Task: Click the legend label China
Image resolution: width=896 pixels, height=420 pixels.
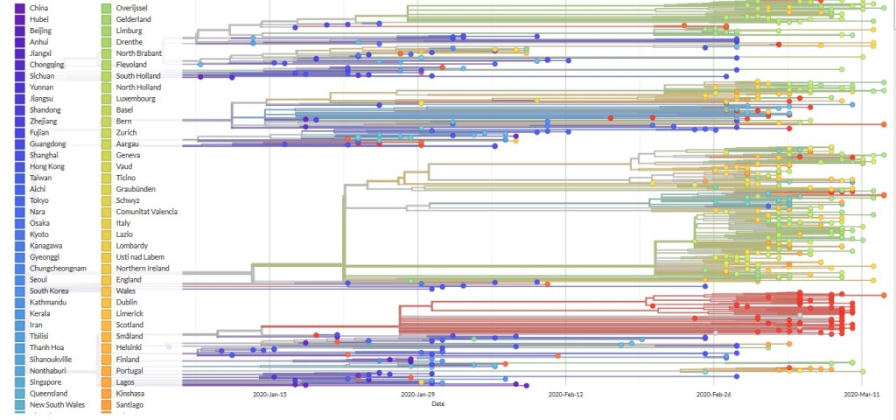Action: (39, 8)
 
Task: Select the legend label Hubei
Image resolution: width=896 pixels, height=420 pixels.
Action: (40, 19)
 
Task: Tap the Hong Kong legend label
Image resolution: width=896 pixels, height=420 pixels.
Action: (46, 166)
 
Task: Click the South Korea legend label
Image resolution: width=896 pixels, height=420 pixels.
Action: (49, 291)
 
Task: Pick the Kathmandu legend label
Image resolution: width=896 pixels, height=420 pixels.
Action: (49, 303)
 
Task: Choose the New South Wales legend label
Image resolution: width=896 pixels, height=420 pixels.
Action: (56, 404)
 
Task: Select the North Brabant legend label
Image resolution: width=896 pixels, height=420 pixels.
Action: (138, 53)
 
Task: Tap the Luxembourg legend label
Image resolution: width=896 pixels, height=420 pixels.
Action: (136, 99)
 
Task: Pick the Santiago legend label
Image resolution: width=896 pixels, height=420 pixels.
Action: (131, 405)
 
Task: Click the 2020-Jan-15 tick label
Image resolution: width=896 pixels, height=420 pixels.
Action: (270, 395)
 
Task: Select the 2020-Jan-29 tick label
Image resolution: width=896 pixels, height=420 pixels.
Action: (418, 395)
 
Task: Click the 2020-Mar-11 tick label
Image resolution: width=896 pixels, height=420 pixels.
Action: (861, 395)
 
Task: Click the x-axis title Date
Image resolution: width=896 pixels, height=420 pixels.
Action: (437, 403)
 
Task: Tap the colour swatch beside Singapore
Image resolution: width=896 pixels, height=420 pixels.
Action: (19, 382)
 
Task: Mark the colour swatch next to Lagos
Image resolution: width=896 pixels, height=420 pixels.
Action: (106, 382)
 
